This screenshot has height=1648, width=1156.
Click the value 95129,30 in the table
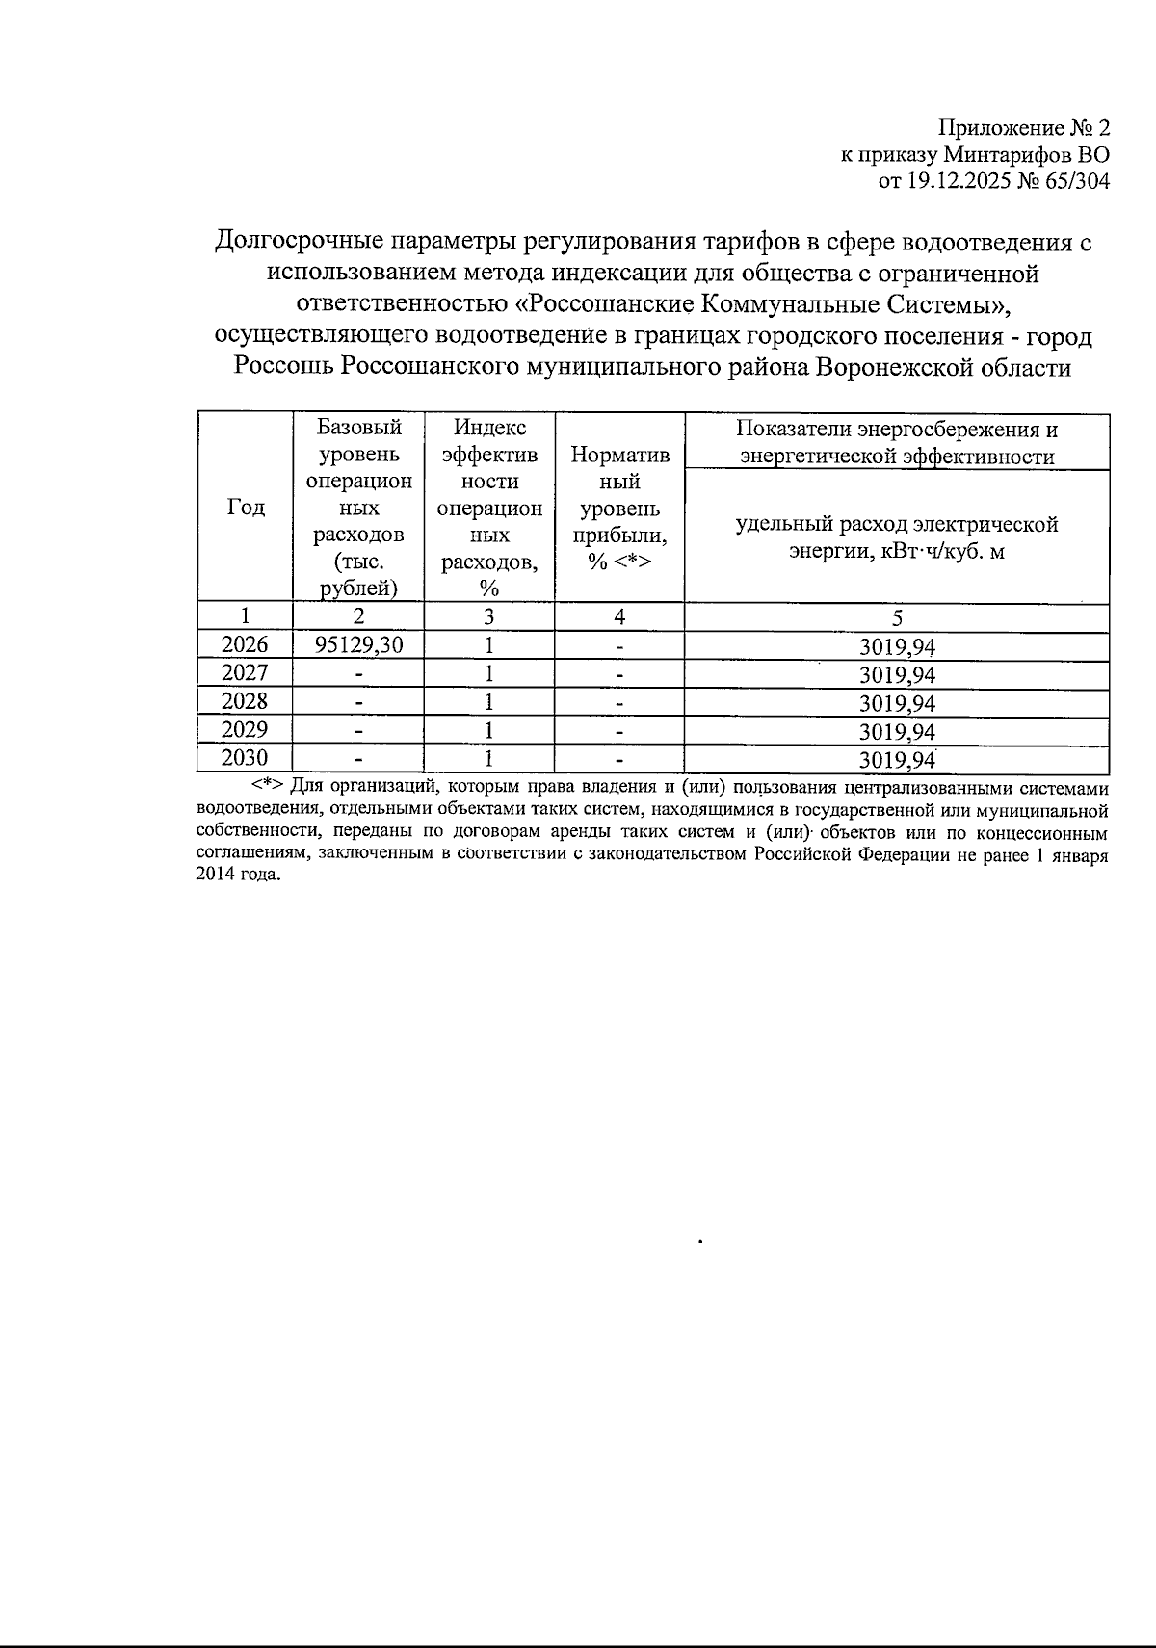point(357,644)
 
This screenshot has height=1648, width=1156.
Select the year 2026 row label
point(245,644)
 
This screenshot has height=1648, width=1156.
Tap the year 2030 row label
point(245,758)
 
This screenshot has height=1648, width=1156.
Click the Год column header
point(246,508)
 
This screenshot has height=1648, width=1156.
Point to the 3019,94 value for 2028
point(897,702)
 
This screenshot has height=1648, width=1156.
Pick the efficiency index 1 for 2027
point(489,672)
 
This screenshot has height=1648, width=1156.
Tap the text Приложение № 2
point(1024,127)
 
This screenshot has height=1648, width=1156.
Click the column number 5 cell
point(897,616)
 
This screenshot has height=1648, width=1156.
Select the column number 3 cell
point(489,616)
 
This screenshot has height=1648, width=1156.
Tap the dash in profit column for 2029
point(620,730)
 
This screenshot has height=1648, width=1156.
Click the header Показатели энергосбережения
point(897,430)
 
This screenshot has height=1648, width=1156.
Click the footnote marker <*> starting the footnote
point(267,783)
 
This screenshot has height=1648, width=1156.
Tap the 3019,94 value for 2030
point(897,760)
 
